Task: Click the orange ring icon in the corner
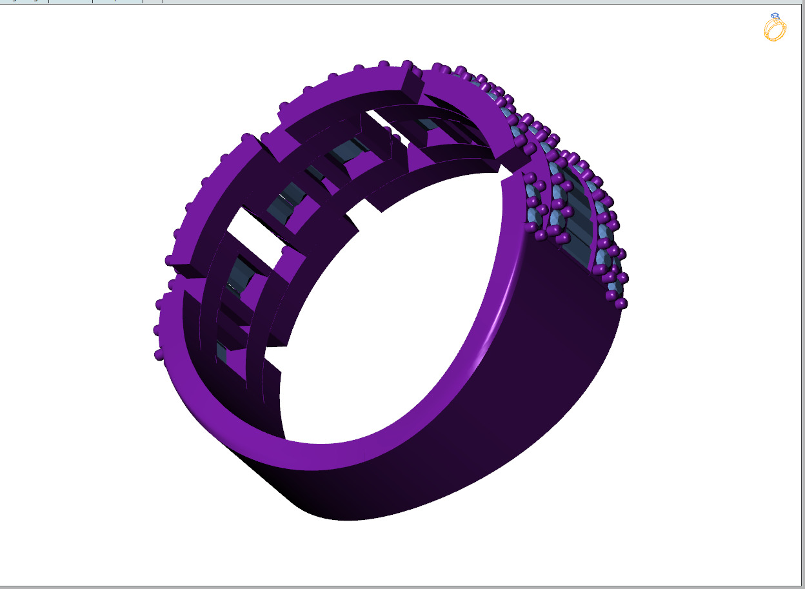click(x=774, y=29)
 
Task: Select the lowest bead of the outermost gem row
click(x=621, y=303)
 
